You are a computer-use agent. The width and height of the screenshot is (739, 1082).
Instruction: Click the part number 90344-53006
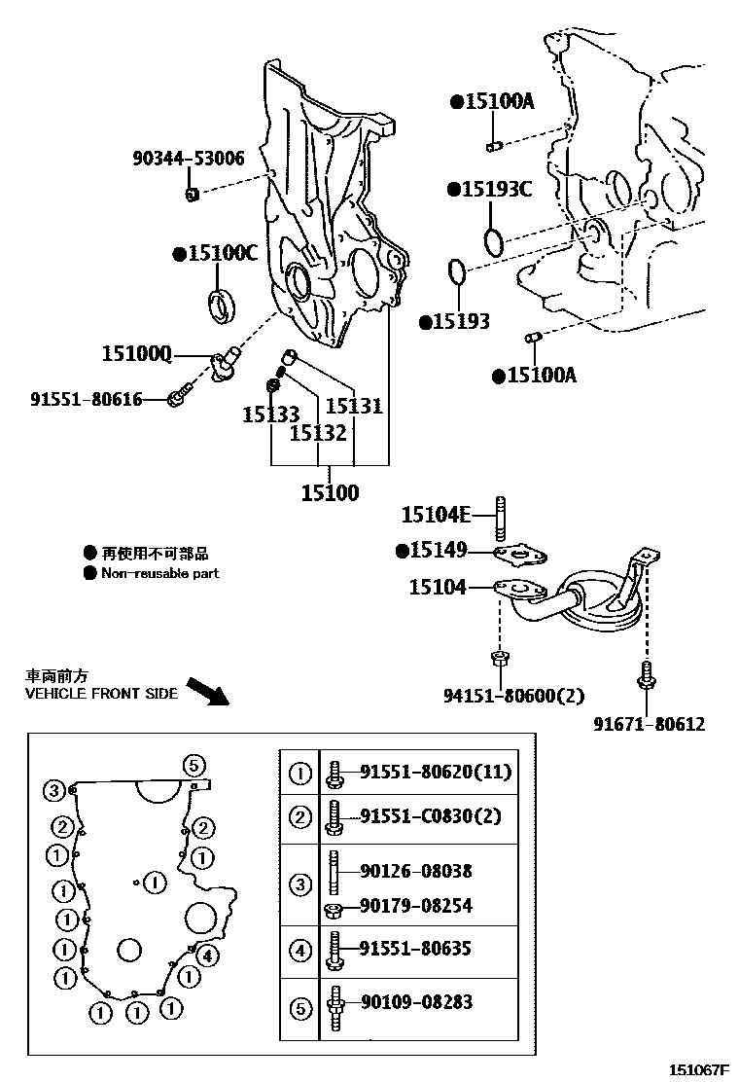point(188,158)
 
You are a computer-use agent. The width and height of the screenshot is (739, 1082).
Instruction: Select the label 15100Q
point(136,355)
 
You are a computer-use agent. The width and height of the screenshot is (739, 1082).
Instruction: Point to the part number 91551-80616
point(87,399)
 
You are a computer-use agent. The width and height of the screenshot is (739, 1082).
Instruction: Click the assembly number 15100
point(330,492)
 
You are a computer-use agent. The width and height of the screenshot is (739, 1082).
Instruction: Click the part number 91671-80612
point(650,724)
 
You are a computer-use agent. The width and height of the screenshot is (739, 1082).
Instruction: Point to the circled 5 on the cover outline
point(193,764)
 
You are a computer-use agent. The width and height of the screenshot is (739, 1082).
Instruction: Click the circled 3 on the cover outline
point(53,789)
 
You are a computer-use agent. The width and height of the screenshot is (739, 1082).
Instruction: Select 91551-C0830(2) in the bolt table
point(431,815)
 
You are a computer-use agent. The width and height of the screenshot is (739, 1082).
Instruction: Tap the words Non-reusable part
point(159,573)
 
